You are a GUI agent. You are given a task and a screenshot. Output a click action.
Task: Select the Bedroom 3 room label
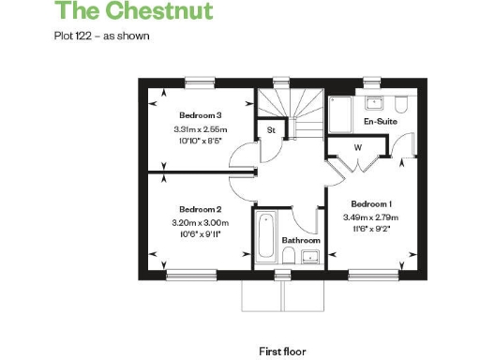point(199,115)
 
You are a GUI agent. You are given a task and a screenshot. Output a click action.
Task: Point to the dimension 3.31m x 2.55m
point(200,129)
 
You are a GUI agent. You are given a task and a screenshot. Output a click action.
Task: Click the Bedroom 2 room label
point(199,209)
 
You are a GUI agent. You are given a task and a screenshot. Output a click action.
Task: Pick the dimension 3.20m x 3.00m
point(200,222)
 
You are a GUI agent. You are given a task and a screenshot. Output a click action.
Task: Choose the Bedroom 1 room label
point(370,203)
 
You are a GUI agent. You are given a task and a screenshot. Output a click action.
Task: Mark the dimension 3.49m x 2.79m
point(370,217)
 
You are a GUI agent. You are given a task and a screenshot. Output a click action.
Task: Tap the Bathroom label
point(301,240)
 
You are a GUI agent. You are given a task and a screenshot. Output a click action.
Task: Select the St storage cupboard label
point(271,128)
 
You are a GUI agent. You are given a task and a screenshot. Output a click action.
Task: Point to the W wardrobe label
point(357,148)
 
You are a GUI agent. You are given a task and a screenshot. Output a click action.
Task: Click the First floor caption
point(282,351)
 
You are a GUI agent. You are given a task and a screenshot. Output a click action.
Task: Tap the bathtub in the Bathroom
point(262,239)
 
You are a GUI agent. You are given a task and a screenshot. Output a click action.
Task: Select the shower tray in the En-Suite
point(339,114)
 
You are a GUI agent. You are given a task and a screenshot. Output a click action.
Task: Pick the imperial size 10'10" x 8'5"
point(200,142)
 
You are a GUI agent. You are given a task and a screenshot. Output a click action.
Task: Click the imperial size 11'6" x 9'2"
point(370,229)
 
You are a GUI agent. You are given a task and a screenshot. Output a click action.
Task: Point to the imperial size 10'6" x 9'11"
point(200,234)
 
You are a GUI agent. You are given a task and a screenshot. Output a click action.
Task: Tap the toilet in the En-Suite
point(400,103)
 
